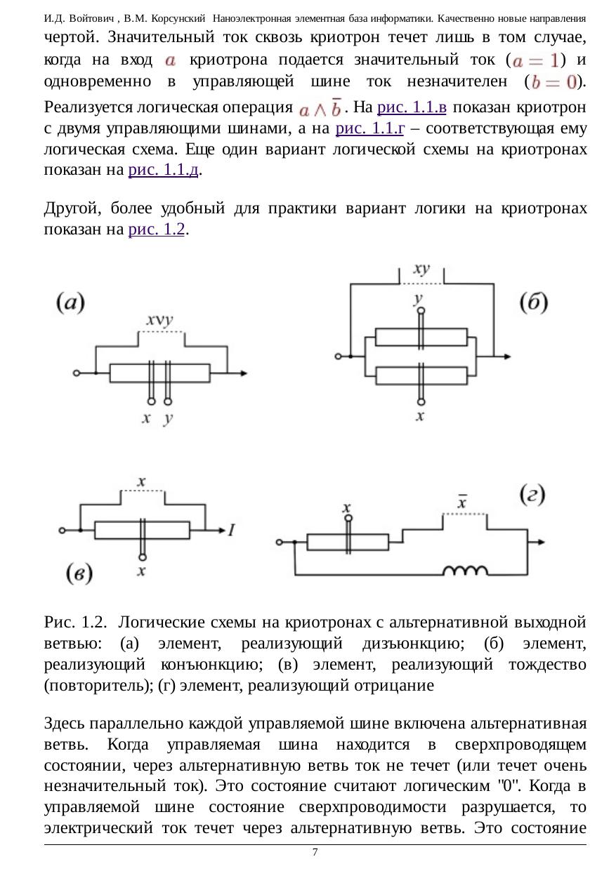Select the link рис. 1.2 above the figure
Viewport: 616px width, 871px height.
(157, 229)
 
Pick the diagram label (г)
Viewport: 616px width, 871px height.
(532, 495)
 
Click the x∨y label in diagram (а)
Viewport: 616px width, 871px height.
(160, 321)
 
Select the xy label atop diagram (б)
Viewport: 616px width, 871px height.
(421, 269)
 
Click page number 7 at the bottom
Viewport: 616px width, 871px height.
(315, 852)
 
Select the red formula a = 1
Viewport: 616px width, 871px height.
(537, 61)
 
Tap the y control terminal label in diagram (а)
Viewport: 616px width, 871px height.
(167, 419)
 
